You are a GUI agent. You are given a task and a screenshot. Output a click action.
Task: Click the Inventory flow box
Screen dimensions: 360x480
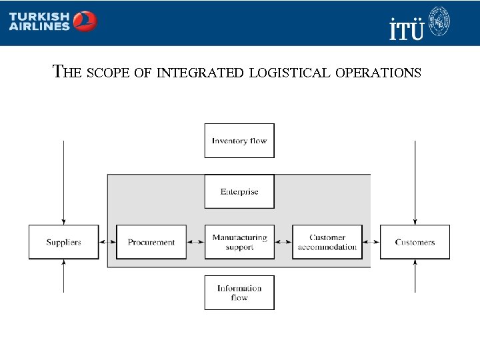[239, 141]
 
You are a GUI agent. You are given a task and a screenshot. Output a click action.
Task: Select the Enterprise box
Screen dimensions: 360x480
[239, 191]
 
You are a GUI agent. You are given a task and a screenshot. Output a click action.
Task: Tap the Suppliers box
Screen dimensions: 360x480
[63, 242]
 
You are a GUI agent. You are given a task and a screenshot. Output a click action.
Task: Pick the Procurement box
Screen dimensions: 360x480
[151, 242]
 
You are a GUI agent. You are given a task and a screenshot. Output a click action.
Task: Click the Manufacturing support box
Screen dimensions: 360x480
[239, 242]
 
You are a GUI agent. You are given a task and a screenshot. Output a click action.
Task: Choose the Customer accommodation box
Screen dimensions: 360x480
[327, 242]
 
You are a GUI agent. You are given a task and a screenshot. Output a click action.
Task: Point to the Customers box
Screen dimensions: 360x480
[415, 242]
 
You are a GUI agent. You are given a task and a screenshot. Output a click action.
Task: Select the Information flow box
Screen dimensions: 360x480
[239, 293]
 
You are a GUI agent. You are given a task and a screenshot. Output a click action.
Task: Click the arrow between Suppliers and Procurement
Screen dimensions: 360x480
[107, 242]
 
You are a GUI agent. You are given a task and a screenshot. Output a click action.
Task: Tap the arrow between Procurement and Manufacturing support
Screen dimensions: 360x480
[195, 242]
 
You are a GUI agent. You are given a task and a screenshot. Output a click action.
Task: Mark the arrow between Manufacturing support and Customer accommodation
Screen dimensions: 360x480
[283, 242]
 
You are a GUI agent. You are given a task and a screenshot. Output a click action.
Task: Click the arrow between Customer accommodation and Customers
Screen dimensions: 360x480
[371, 242]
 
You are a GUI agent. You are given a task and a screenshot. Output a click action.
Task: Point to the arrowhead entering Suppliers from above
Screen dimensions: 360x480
[63, 221]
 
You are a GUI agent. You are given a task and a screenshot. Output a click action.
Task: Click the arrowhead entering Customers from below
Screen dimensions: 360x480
[415, 263]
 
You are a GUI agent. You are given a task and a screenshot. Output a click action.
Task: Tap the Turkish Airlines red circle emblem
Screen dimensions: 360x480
[85, 21]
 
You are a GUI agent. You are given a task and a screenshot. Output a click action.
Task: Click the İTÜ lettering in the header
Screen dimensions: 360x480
[406, 28]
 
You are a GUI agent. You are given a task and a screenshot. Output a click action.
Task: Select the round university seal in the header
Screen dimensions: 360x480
[439, 21]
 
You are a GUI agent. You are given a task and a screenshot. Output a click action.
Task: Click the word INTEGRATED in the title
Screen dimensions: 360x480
[200, 72]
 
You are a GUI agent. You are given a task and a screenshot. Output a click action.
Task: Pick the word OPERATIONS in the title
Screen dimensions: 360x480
[379, 72]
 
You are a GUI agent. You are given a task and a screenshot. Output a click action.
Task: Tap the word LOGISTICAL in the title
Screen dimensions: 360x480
[289, 72]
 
